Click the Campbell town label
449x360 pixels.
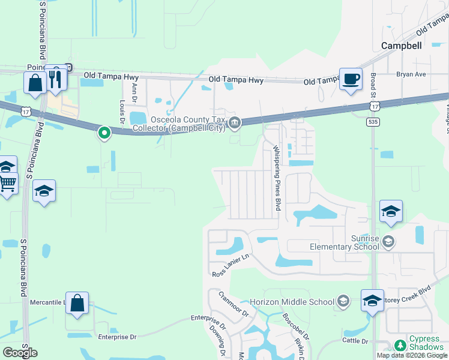click(x=402, y=45)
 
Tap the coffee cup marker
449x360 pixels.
click(x=351, y=79)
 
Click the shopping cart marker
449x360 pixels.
click(x=7, y=183)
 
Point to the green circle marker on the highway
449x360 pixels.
click(x=104, y=133)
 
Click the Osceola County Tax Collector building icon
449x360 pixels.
click(x=235, y=124)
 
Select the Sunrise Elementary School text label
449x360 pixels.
click(x=345, y=242)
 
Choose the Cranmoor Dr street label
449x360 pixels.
click(x=234, y=304)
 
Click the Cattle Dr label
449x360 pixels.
click(x=354, y=341)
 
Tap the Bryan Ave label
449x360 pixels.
click(x=411, y=74)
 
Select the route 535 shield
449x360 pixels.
click(x=372, y=122)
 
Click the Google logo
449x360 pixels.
click(x=20, y=353)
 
